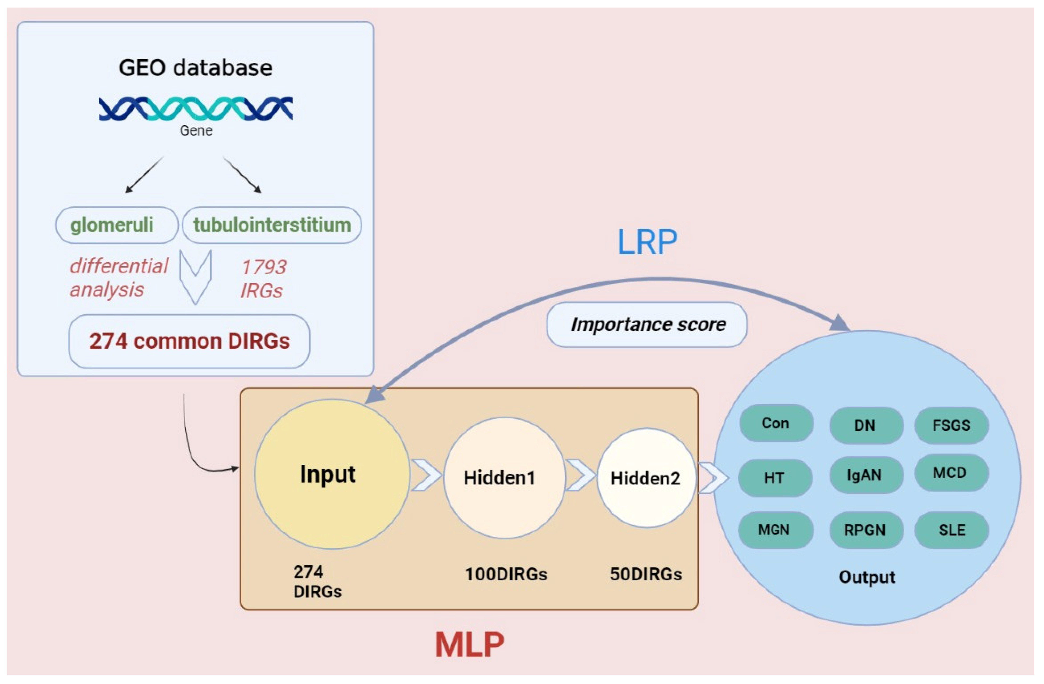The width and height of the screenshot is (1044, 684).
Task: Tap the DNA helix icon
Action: coord(196,109)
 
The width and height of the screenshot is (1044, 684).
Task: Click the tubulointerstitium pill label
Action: coord(272,225)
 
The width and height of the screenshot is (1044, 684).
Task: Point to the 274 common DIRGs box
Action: coord(189,341)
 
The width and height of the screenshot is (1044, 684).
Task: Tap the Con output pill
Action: coord(776,423)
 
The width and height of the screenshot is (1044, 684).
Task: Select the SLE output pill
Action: coord(951,530)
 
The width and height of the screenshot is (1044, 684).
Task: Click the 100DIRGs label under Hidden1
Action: coord(506,574)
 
